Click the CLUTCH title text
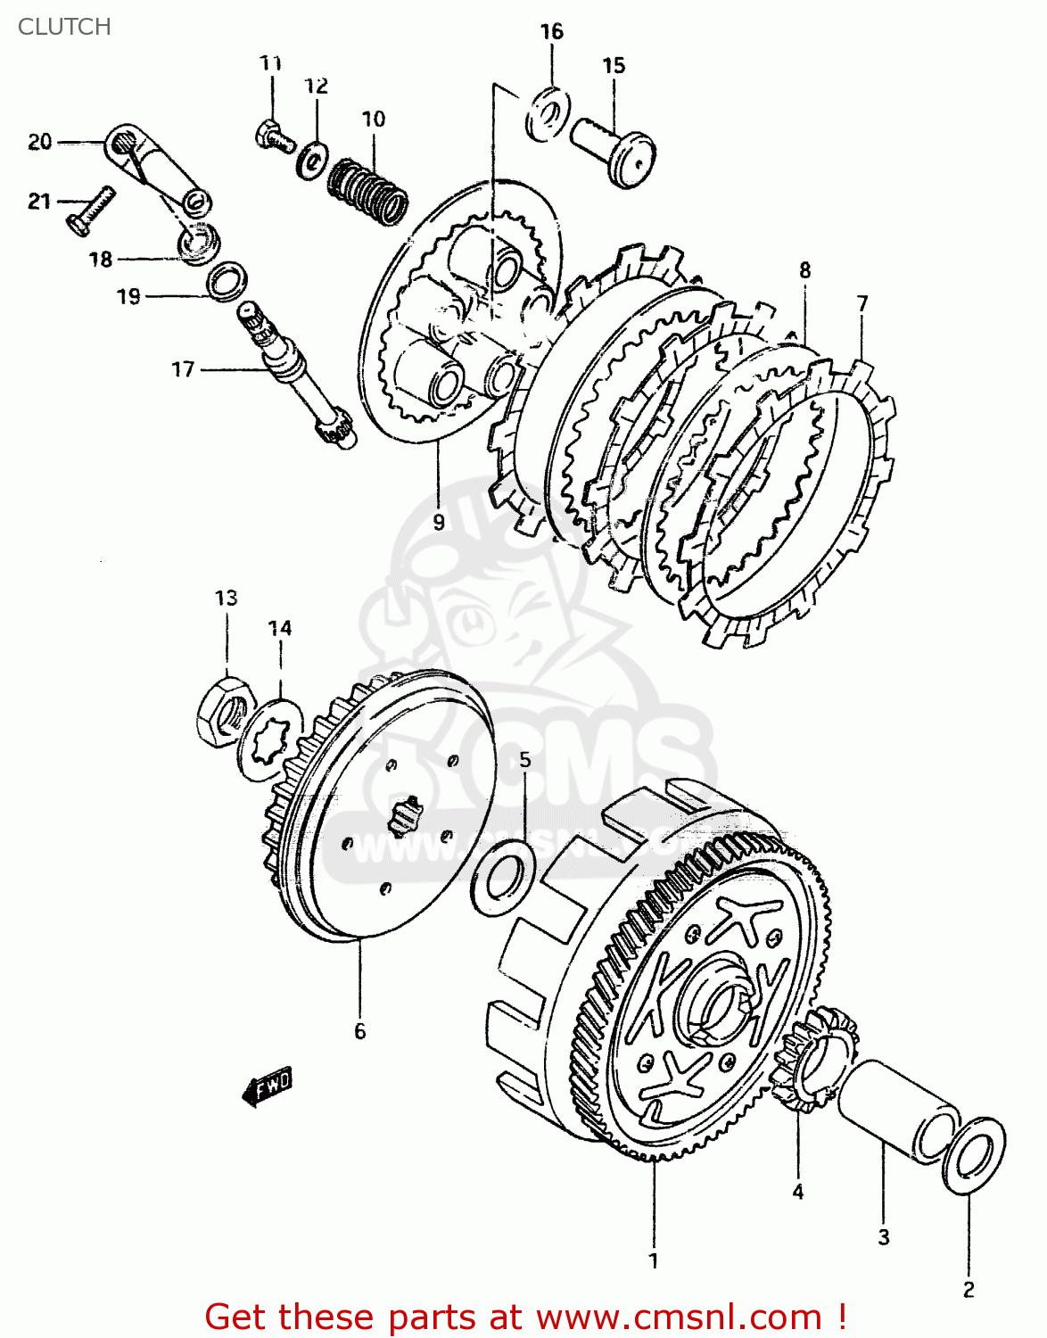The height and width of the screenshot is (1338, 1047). tap(64, 27)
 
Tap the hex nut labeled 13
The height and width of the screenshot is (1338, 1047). tap(223, 710)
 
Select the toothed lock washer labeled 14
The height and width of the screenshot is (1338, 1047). tap(269, 739)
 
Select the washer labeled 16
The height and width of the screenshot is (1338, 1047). tap(548, 113)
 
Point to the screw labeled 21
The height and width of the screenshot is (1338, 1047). tap(90, 211)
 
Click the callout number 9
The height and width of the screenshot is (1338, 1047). tap(438, 522)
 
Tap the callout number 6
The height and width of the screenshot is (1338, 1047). tap(359, 1031)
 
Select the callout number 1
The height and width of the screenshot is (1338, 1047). tap(654, 1260)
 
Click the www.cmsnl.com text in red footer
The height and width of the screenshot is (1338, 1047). tap(679, 1317)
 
